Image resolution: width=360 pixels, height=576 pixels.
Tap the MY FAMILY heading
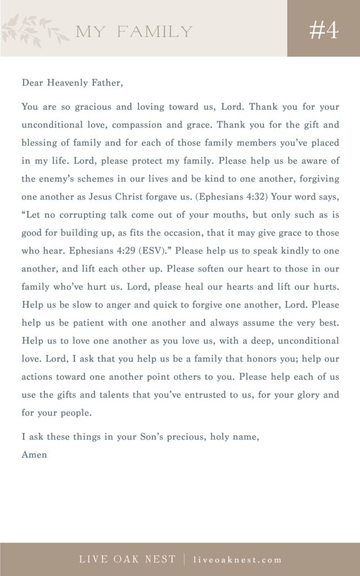(x=134, y=31)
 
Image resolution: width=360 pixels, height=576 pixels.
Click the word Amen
(x=34, y=454)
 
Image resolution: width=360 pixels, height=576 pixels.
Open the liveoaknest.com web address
(x=237, y=560)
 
